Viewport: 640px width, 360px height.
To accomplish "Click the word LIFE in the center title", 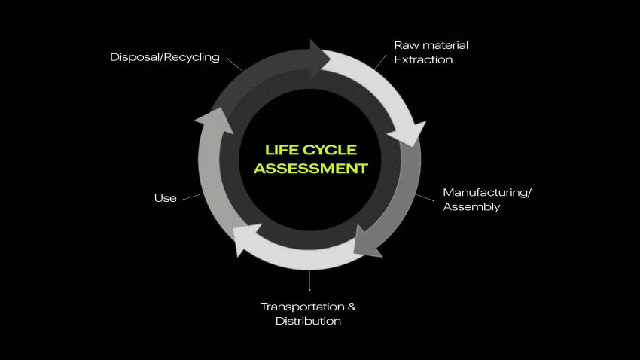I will (279, 150).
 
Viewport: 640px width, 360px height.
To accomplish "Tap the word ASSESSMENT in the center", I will (310, 168).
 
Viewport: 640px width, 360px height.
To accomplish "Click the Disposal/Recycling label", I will (165, 57).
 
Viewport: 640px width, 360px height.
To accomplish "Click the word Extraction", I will (423, 59).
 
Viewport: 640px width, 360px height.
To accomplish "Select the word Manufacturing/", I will (487, 192).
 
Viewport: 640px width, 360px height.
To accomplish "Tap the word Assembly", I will (471, 206).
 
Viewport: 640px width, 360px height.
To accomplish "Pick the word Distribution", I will (308, 321).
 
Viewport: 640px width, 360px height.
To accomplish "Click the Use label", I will (165, 198).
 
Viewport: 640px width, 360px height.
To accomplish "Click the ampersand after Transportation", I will (351, 307).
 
